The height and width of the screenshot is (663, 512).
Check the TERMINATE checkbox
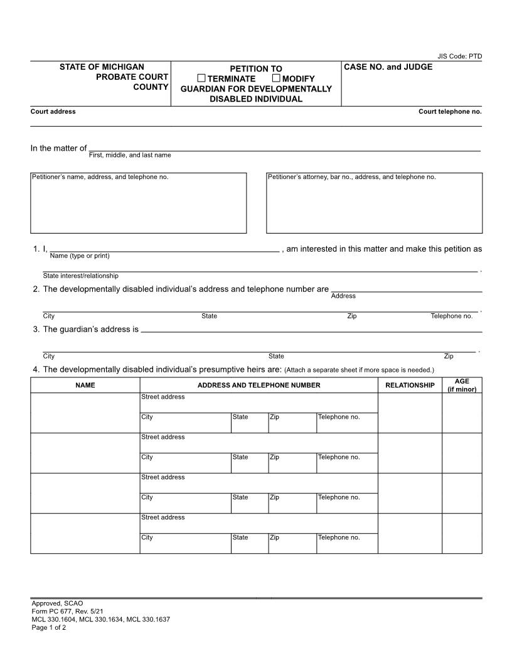[201, 78]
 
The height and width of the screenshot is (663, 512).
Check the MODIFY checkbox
[276, 78]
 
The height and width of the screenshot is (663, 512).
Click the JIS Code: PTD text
[459, 57]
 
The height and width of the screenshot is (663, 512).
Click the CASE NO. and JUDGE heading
[388, 67]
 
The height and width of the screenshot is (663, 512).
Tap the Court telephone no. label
[450, 112]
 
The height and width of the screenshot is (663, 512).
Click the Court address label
[53, 112]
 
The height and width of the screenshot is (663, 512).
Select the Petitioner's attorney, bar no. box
[374, 203]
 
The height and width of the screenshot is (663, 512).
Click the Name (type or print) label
[80, 256]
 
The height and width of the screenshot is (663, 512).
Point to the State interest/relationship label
[80, 276]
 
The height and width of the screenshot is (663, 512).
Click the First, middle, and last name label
[130, 155]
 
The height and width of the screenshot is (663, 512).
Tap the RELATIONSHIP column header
[410, 385]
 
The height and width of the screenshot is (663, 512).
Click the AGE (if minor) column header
[462, 385]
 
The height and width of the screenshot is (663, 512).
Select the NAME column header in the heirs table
[85, 385]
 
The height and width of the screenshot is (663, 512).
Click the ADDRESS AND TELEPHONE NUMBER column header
[259, 385]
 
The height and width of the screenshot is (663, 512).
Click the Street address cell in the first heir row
[259, 402]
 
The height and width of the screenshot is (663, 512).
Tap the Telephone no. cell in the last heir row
[347, 543]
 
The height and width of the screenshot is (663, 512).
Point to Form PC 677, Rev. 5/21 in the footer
[66, 611]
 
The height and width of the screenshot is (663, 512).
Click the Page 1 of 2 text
[49, 627]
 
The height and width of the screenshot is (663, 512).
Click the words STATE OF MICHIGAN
[102, 67]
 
